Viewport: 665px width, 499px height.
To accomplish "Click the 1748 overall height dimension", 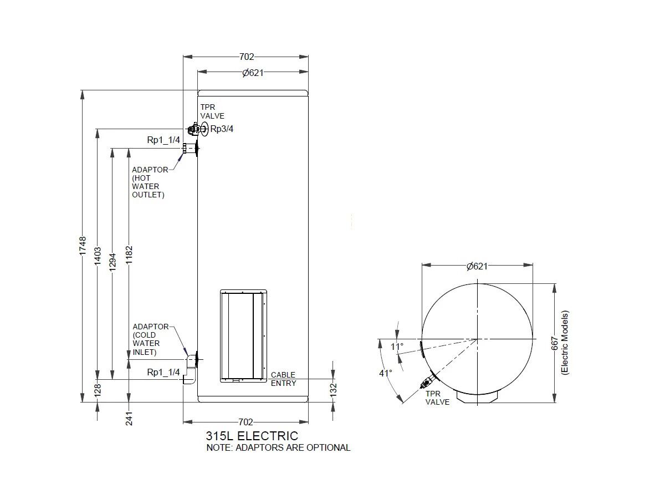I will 83,245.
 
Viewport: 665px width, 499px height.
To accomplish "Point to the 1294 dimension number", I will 112,261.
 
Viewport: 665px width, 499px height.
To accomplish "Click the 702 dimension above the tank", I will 246,57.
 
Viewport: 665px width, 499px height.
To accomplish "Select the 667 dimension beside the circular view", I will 555,343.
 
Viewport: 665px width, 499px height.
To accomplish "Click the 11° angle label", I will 397,347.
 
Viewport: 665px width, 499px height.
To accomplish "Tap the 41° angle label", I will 386,373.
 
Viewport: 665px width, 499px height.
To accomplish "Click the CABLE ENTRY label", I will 283,379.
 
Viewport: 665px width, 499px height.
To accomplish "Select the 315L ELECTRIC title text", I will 252,436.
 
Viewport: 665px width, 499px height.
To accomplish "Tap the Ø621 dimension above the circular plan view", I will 477,266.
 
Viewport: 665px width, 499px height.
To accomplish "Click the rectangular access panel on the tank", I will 244,335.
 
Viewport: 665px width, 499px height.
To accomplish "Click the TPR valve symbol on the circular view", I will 427,382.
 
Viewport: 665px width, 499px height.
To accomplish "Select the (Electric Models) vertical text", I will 565,343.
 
